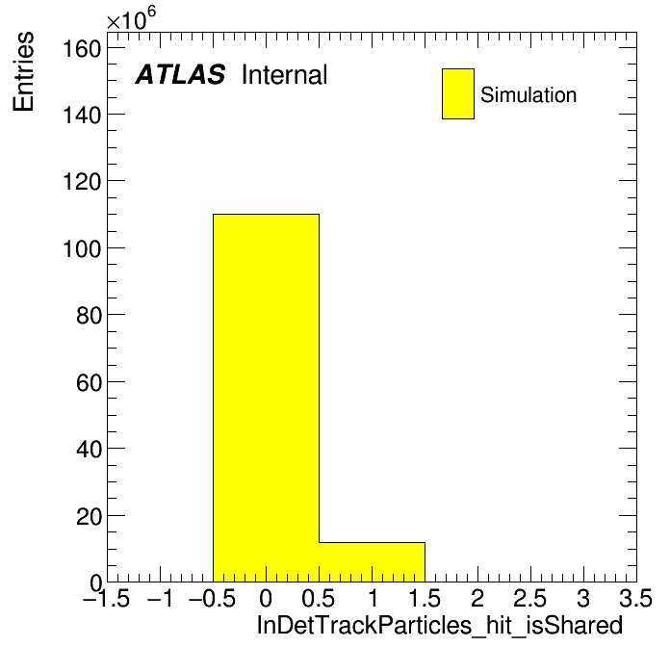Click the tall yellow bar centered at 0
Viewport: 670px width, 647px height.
pyautogui.click(x=267, y=398)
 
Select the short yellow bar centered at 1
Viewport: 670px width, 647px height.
pyautogui.click(x=373, y=562)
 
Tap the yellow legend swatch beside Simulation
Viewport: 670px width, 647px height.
pyautogui.click(x=458, y=93)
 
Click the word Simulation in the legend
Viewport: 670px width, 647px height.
pyautogui.click(x=528, y=95)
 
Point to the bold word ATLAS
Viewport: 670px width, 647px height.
pyautogui.click(x=180, y=74)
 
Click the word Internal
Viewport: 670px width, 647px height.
pyautogui.click(x=285, y=74)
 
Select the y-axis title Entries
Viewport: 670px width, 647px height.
pyautogui.click(x=23, y=72)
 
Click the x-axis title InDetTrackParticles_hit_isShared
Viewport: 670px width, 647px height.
pyautogui.click(x=440, y=625)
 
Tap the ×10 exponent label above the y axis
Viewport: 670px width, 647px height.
pyautogui.click(x=131, y=18)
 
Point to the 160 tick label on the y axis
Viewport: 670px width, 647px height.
pyautogui.click(x=82, y=49)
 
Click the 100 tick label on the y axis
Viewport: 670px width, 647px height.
pyautogui.click(x=82, y=248)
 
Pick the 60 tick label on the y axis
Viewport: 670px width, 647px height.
pyautogui.click(x=89, y=382)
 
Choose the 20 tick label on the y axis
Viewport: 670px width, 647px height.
pyautogui.click(x=89, y=516)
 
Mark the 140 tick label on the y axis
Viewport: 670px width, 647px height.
pyautogui.click(x=82, y=116)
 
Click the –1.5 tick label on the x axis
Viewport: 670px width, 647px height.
pyautogui.click(x=107, y=598)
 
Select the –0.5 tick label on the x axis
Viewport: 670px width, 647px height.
pyautogui.click(x=213, y=598)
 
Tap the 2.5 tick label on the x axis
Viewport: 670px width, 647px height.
pyautogui.click(x=530, y=598)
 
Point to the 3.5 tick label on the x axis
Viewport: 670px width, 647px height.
pyautogui.click(x=636, y=598)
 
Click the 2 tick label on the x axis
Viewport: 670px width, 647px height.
pyautogui.click(x=477, y=598)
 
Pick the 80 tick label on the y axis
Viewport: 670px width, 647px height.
pyautogui.click(x=89, y=316)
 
